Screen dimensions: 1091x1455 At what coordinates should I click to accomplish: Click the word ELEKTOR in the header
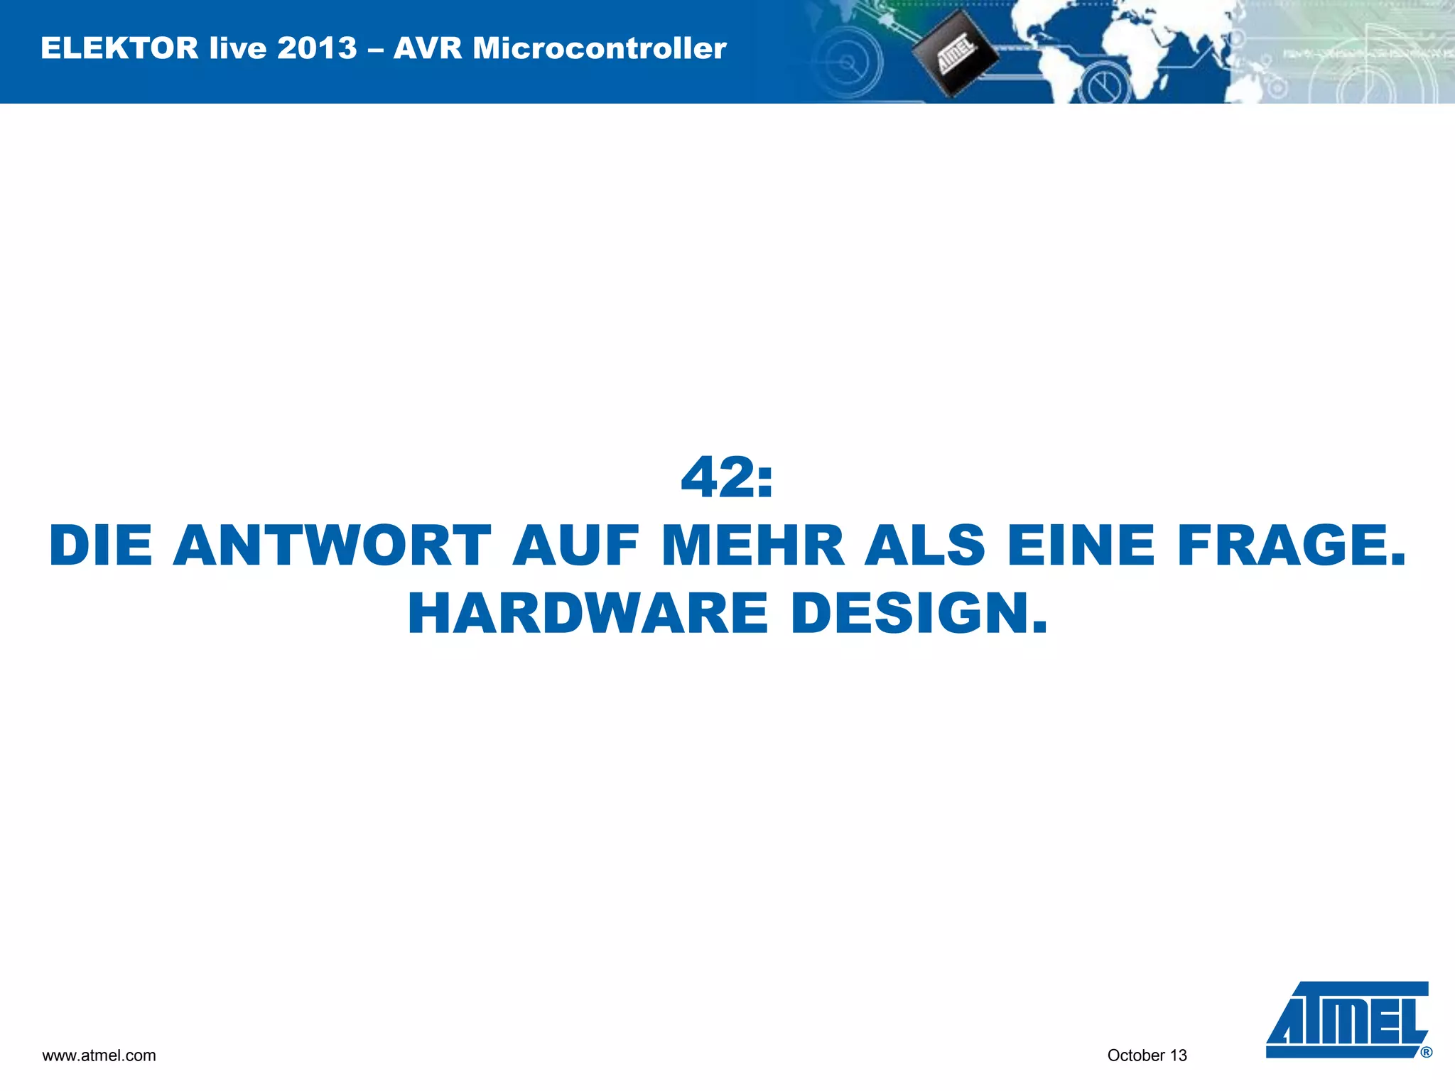[119, 48]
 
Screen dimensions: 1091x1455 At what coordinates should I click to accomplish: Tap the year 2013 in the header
[317, 48]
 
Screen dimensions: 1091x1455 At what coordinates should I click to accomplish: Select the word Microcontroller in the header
[600, 48]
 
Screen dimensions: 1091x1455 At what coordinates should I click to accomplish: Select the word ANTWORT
[332, 546]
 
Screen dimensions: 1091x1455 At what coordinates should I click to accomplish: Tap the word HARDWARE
[588, 614]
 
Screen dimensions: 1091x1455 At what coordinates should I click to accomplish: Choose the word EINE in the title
[1081, 546]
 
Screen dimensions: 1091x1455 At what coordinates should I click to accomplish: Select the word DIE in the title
[101, 546]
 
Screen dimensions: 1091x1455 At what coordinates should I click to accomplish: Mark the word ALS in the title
[925, 546]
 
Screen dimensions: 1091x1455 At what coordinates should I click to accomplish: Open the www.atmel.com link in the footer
[99, 1055]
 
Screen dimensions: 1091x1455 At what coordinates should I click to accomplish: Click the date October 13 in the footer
[1147, 1055]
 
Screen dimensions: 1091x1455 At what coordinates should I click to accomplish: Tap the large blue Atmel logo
[1346, 1020]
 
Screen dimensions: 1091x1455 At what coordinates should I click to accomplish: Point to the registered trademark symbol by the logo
[1426, 1053]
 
